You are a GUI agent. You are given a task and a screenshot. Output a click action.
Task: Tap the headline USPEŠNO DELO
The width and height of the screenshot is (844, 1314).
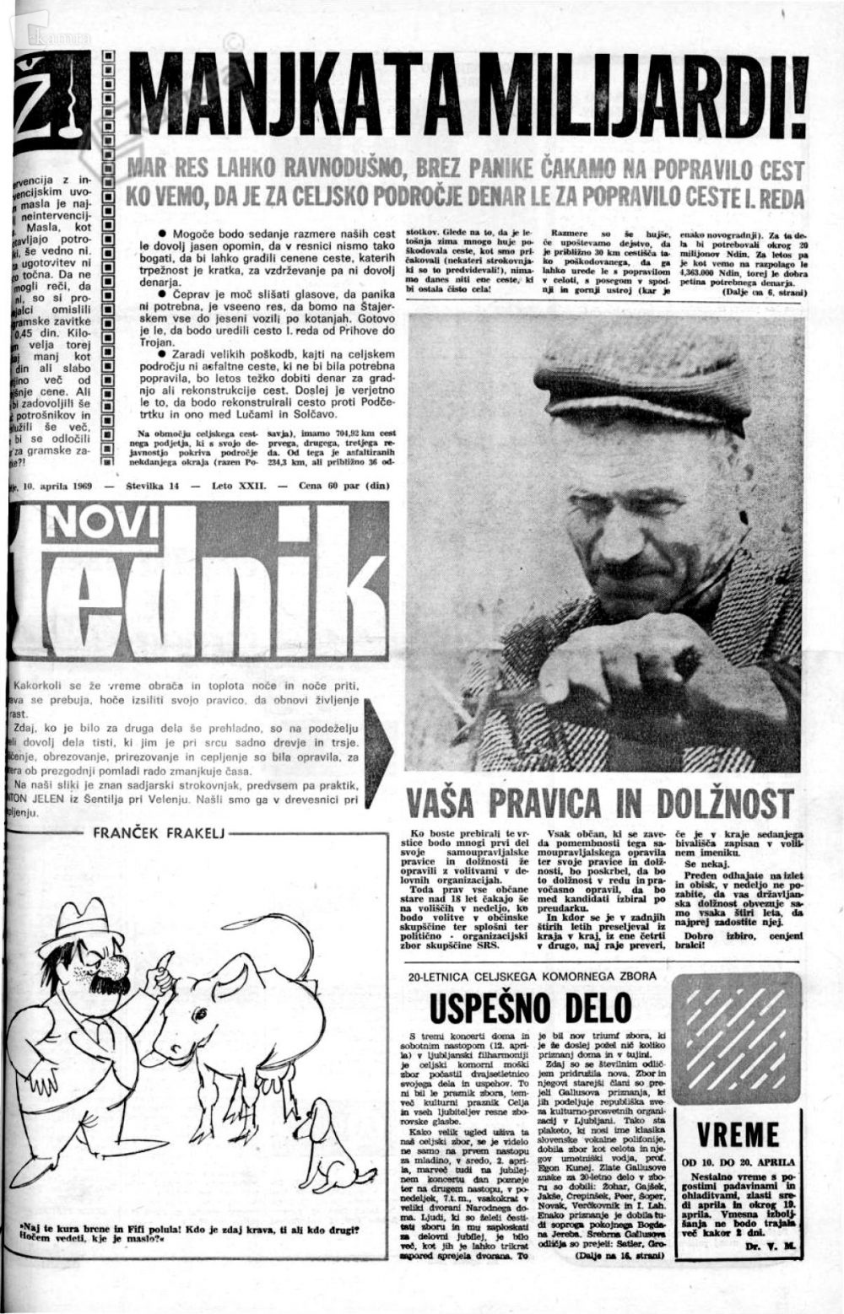(x=531, y=1008)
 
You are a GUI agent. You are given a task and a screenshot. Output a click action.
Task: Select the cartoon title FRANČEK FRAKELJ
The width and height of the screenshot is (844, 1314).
(x=157, y=834)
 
